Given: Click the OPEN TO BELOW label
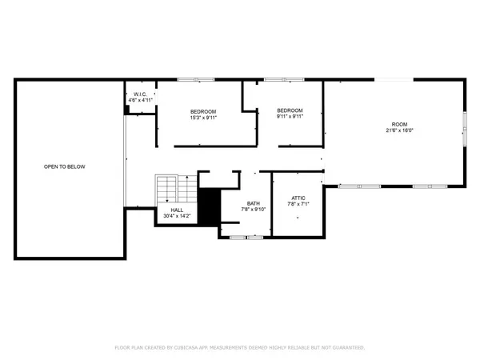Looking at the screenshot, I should click(64, 166).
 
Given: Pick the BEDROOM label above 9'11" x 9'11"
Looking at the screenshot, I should click(290, 110).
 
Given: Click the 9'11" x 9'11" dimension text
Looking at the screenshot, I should click(290, 118).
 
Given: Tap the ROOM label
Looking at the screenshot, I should click(399, 125).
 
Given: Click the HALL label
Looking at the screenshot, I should click(176, 210).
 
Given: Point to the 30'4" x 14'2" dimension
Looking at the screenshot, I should click(176, 217).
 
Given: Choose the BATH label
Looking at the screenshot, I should click(253, 203).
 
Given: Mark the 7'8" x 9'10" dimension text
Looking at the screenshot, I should click(253, 210).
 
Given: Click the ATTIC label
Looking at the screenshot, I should click(297, 197).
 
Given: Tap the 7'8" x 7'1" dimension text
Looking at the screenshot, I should click(297, 204).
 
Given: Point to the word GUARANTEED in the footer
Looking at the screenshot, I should click(346, 348).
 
